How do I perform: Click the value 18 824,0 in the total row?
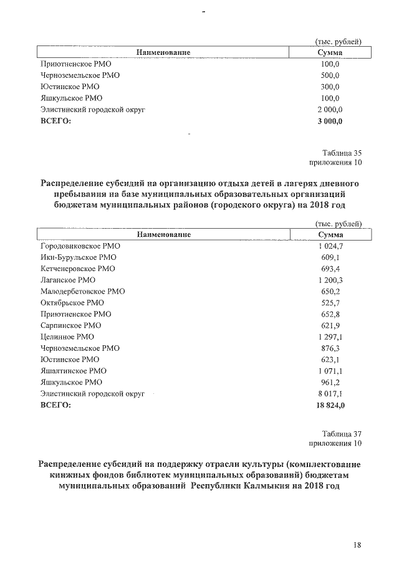[330, 406]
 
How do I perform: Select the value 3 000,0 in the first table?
[330, 121]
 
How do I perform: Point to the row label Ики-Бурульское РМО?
[78, 257]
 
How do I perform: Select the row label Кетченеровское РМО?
[77, 269]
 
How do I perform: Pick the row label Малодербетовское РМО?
[82, 292]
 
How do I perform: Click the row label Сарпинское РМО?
[70, 326]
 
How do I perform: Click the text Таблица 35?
[342, 153]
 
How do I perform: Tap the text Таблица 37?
[342, 434]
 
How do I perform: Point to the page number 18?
[357, 546]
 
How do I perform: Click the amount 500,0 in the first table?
[330, 75]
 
